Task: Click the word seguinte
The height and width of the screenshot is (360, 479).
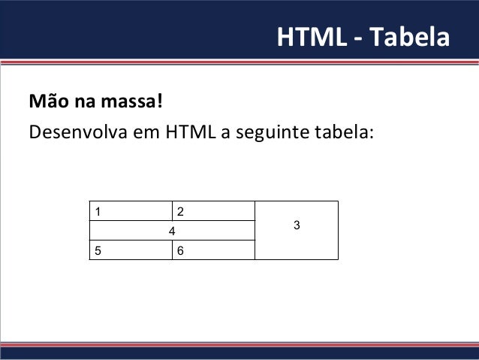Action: pos(265,133)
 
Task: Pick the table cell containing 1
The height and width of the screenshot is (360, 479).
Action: pos(131,211)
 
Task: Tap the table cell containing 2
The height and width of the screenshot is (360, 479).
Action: pos(214,211)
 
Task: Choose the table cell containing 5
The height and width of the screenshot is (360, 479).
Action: pos(131,250)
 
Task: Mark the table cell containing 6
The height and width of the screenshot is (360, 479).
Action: pos(214,250)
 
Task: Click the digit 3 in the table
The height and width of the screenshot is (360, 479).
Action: pos(297,225)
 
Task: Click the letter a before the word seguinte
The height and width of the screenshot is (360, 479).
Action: pos(224,134)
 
